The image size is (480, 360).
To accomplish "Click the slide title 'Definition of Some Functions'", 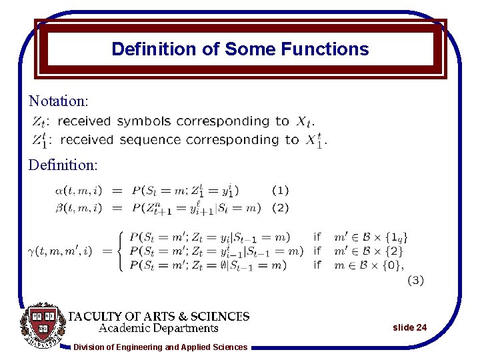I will [x=240, y=49].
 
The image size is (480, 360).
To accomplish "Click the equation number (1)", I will [x=281, y=190].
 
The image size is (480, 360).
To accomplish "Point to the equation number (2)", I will [x=281, y=208].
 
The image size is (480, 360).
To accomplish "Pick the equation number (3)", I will [x=415, y=281].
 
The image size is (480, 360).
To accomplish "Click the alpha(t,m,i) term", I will [x=79, y=191].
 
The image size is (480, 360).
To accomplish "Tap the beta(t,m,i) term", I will [x=79, y=208].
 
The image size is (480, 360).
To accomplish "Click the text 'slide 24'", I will [x=410, y=327].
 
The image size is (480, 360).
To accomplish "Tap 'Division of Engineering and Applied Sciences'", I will [x=160, y=347].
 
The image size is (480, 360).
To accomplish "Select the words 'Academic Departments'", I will [x=159, y=328].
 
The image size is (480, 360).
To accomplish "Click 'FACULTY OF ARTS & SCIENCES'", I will [x=160, y=317].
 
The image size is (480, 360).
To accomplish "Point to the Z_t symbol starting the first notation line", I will [x=39, y=122].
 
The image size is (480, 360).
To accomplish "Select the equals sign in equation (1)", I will [x=117, y=191].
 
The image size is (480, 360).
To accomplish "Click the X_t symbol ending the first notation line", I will [x=303, y=122].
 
